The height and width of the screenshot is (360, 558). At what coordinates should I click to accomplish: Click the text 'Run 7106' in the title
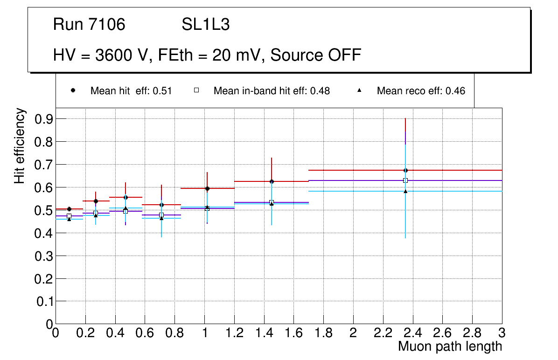(x=89, y=25)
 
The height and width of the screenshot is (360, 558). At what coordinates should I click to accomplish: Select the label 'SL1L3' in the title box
(x=205, y=25)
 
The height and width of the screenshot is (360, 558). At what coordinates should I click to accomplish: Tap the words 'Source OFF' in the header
(x=316, y=55)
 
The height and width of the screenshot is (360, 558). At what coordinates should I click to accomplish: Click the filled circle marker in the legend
(x=73, y=90)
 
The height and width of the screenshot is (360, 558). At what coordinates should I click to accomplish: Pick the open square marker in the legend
(x=196, y=90)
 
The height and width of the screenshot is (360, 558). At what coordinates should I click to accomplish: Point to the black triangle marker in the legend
(x=359, y=90)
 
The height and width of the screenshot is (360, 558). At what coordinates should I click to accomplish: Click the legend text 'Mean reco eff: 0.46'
(x=421, y=91)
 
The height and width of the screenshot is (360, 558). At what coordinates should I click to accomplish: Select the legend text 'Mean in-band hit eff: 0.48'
(x=272, y=91)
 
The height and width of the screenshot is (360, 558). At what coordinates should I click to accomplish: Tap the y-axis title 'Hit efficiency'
(x=20, y=145)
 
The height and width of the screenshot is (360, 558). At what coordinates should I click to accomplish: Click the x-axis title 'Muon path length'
(x=450, y=346)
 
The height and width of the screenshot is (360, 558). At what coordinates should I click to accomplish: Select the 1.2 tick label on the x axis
(x=234, y=333)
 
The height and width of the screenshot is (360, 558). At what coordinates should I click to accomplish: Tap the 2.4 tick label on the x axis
(x=413, y=333)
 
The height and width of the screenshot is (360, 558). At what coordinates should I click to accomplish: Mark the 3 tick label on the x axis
(x=502, y=333)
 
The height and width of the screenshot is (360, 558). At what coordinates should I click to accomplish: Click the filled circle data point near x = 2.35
(x=405, y=170)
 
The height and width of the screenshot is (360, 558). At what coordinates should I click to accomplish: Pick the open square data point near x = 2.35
(x=405, y=180)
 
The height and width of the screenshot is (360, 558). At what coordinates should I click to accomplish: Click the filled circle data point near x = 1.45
(x=272, y=181)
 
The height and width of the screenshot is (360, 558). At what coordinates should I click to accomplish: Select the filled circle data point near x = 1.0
(x=207, y=188)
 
